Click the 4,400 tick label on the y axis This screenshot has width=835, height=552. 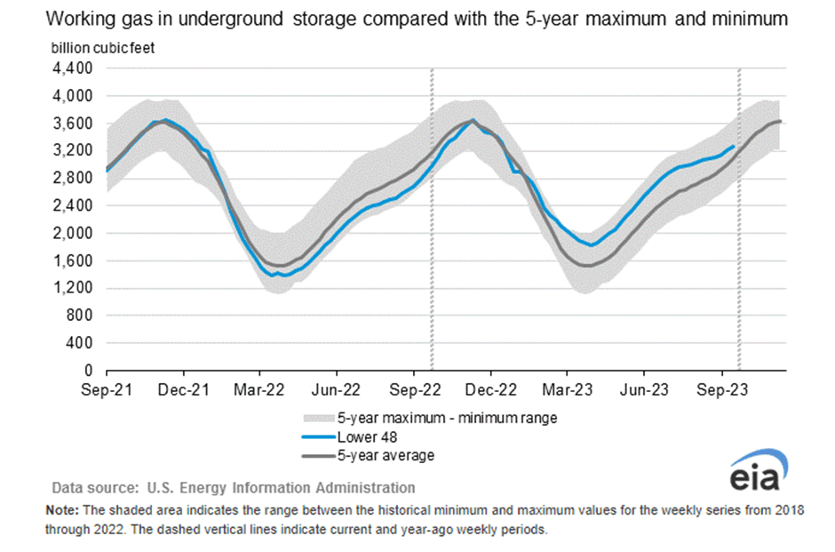(76, 68)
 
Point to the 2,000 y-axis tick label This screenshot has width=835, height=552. (76, 233)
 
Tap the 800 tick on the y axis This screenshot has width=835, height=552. (83, 316)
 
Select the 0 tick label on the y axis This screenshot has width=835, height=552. (90, 371)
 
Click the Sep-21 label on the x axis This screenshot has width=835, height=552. (107, 388)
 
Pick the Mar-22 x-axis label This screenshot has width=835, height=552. (260, 388)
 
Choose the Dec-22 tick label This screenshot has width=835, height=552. (491, 388)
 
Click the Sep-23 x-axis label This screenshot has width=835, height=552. (722, 388)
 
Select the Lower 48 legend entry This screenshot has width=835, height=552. (365, 436)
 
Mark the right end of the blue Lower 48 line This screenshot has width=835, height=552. (734, 147)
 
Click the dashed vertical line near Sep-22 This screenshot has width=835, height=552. (432, 222)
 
